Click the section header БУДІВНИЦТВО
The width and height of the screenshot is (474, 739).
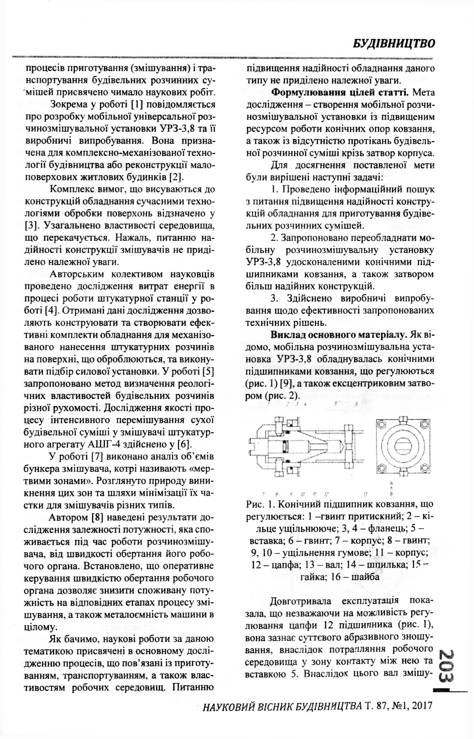394,43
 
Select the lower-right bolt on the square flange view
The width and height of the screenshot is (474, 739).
425,469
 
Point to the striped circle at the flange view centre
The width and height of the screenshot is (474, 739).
403,447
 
